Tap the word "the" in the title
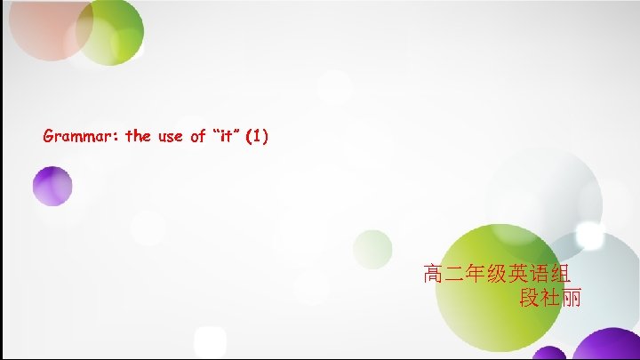click(x=139, y=137)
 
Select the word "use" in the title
click(x=170, y=137)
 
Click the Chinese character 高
click(x=434, y=273)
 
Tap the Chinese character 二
click(x=455, y=273)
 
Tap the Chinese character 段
click(x=529, y=298)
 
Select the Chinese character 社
click(x=550, y=298)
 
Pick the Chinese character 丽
click(x=572, y=298)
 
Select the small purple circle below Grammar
click(x=52, y=186)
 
